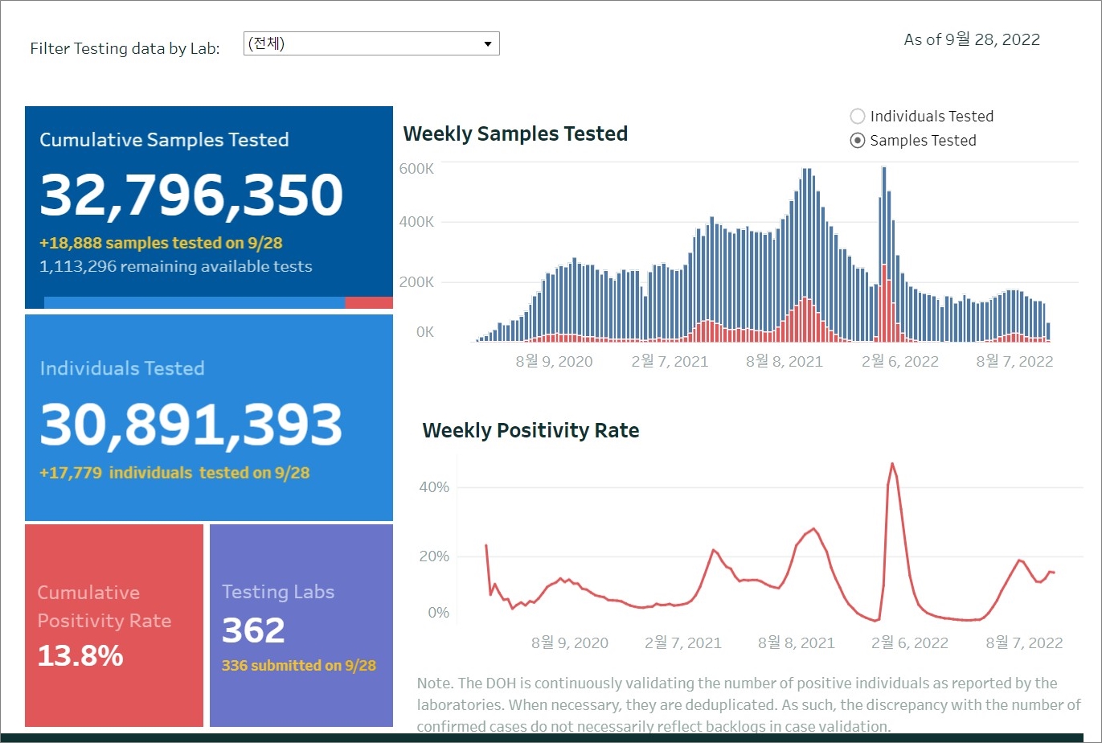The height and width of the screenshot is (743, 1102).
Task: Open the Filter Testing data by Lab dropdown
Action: (x=371, y=43)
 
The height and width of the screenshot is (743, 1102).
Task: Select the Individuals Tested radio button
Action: (x=858, y=117)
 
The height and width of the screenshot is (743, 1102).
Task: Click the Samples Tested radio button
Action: (x=858, y=141)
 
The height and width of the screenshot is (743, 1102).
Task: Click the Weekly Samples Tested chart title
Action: (x=515, y=133)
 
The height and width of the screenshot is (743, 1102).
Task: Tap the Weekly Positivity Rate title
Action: (x=531, y=431)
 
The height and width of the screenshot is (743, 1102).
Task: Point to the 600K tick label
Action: (x=416, y=169)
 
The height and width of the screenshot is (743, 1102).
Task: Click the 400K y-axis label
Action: (x=416, y=222)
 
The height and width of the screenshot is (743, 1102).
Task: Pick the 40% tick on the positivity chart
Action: (x=434, y=487)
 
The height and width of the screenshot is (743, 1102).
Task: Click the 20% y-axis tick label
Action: (x=434, y=556)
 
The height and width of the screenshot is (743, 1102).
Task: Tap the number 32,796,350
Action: (x=191, y=195)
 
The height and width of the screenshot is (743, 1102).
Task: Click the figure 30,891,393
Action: (x=191, y=425)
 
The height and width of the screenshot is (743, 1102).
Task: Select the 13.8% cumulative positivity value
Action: (x=80, y=656)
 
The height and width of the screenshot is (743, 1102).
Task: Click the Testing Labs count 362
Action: (x=253, y=630)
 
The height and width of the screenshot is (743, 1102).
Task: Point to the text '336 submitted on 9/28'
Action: (x=298, y=666)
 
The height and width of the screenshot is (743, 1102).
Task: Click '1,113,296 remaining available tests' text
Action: (x=175, y=266)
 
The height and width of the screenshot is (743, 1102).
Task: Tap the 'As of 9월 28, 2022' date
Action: (x=972, y=39)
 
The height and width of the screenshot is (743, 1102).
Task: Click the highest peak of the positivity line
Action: (x=892, y=463)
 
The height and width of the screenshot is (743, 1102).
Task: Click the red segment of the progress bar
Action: (x=368, y=302)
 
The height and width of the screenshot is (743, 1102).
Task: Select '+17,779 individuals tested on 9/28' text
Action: (x=174, y=473)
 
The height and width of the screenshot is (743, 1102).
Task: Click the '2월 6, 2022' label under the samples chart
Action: (x=900, y=362)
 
